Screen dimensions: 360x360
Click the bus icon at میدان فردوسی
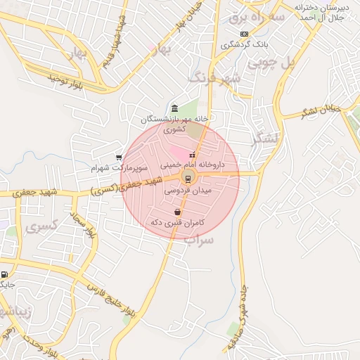click(188, 176)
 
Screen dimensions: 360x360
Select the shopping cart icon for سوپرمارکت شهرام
click(119, 157)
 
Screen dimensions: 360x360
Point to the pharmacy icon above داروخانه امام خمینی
click(192, 155)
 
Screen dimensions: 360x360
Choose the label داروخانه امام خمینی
click(193, 165)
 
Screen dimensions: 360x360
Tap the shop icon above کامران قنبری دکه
click(177, 212)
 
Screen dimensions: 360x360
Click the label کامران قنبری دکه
click(177, 222)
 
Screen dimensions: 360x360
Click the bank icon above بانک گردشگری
click(244, 34)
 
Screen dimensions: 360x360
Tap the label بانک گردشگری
click(245, 44)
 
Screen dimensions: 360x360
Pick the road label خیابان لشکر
click(321, 110)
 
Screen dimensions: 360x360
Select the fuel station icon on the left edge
click(5, 275)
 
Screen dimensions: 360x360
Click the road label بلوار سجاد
click(81, 226)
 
